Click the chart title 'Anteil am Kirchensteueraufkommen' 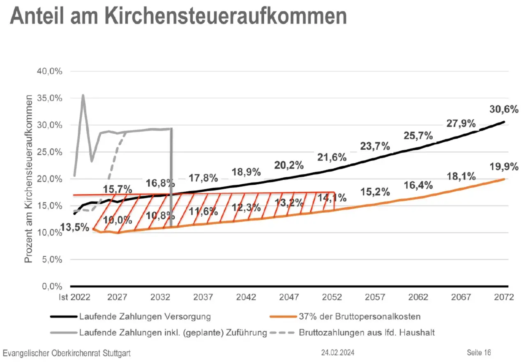178,16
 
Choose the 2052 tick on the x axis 332,297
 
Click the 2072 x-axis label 504,297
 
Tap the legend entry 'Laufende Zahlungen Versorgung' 145,317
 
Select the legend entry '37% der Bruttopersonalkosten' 360,317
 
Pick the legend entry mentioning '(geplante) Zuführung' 173,332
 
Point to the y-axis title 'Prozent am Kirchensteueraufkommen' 29,179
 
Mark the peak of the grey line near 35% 83,95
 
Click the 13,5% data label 74,227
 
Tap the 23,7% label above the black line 375,146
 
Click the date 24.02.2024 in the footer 338,353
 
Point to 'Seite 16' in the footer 479,353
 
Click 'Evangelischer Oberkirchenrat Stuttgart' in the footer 67,353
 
